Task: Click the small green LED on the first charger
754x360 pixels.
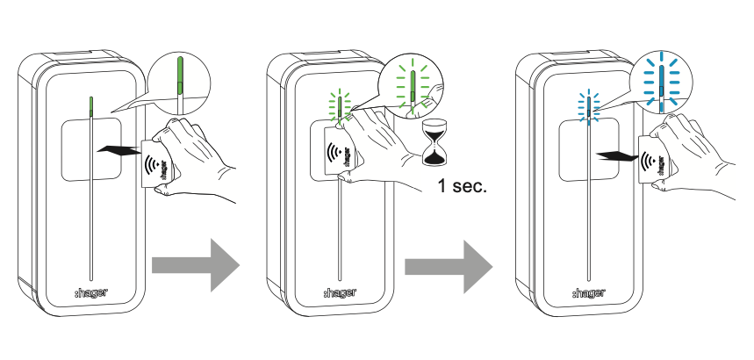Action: tap(90, 107)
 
